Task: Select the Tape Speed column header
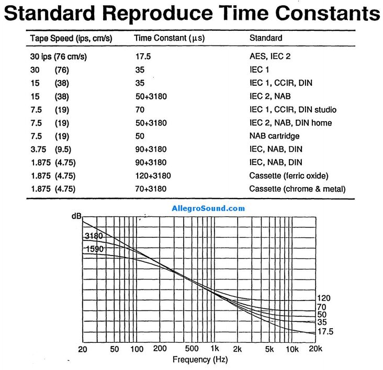(x=71, y=38)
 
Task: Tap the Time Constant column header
(x=169, y=38)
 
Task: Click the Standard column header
(x=265, y=38)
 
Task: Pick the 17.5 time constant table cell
(x=143, y=56)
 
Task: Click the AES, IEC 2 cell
(x=269, y=56)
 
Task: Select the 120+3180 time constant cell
(x=153, y=176)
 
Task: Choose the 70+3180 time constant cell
(x=151, y=189)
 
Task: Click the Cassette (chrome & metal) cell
(x=297, y=189)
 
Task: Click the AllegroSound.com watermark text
(x=208, y=209)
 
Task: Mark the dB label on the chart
(x=76, y=216)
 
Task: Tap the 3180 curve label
(x=94, y=236)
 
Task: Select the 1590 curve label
(x=94, y=249)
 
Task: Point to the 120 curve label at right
(x=323, y=298)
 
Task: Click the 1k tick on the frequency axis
(x=213, y=349)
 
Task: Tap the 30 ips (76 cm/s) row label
(x=58, y=56)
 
